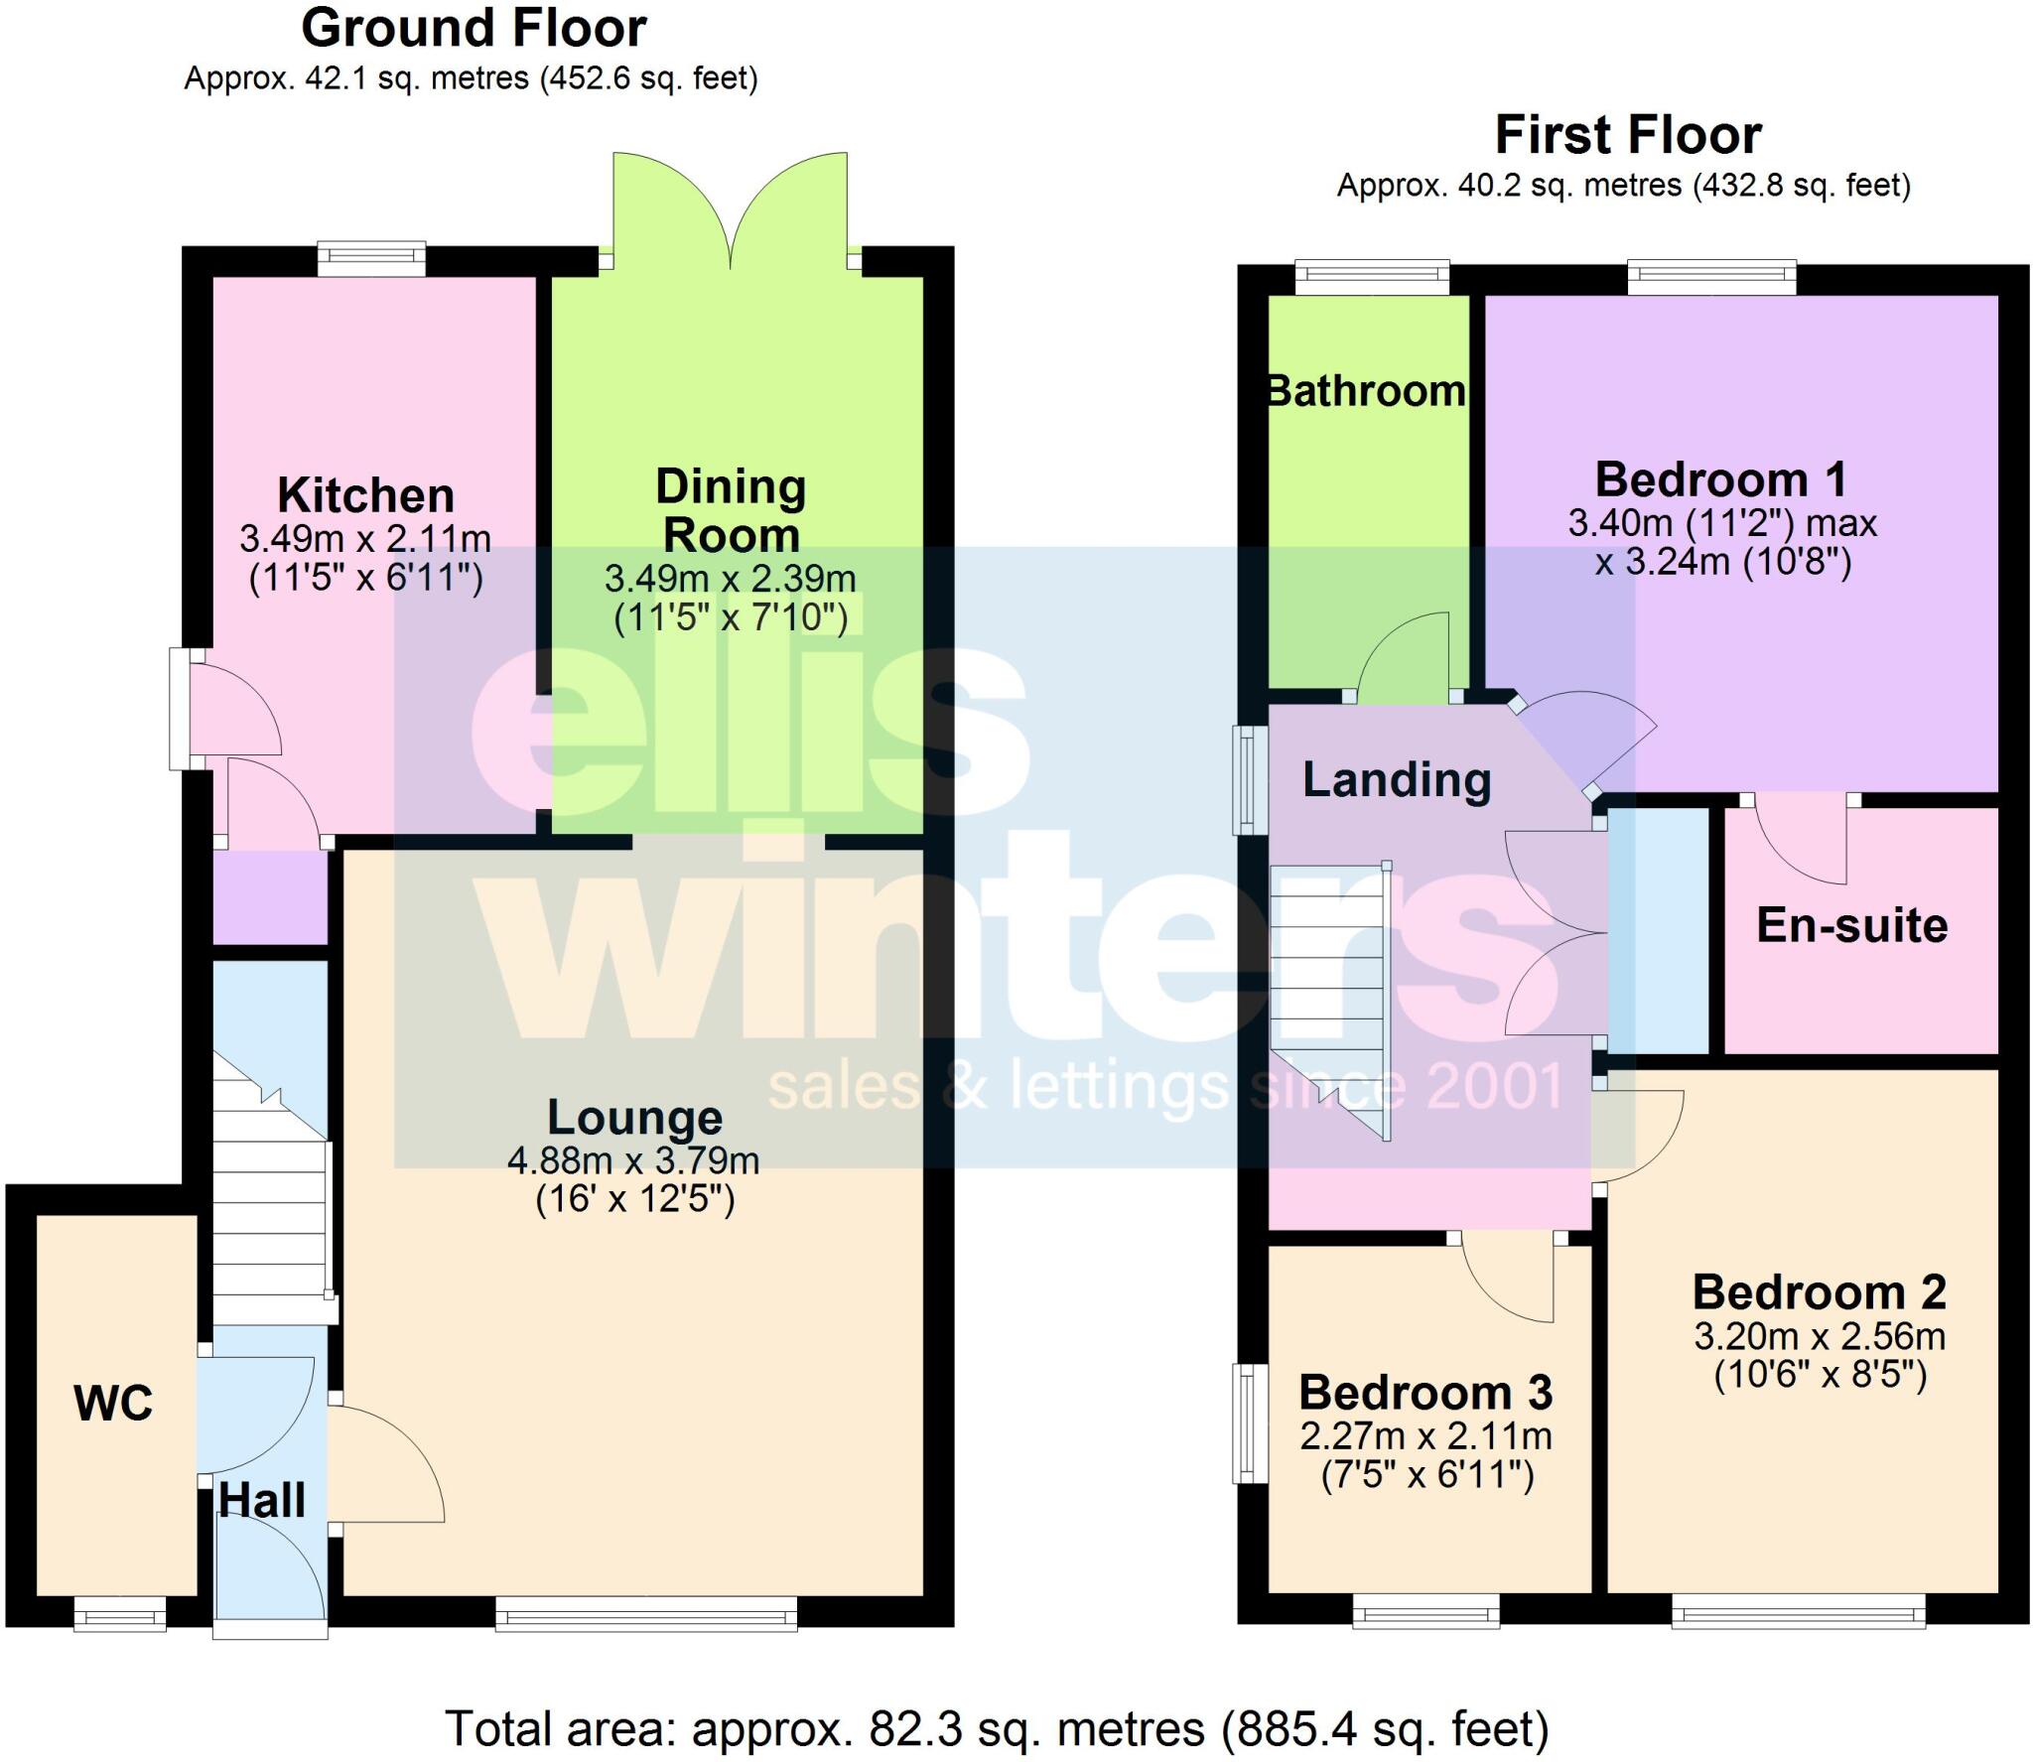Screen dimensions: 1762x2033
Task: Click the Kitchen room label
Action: pos(365,494)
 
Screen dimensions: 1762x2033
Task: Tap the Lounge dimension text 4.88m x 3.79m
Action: pos(633,1159)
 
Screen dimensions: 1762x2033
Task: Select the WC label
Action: pos(113,1403)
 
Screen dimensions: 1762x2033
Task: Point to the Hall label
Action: pos(262,1500)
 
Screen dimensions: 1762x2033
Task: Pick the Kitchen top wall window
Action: pos(371,260)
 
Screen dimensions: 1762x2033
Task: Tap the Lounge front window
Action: pos(646,1612)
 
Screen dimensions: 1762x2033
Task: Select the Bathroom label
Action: pos(1367,391)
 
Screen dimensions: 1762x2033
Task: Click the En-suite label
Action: pos(1852,925)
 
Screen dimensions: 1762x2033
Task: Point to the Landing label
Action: pos(1397,779)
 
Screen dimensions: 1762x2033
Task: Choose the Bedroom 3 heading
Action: pos(1425,1392)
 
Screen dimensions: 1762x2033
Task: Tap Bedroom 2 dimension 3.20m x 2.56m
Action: pos(1820,1336)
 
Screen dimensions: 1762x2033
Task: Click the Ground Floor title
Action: pos(474,29)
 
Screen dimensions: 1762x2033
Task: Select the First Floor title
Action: pos(1628,135)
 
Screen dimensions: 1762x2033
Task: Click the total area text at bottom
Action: pos(997,1728)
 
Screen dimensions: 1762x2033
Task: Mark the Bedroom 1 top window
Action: pos(1711,278)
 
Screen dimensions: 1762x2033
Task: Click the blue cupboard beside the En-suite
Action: pos(1657,931)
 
